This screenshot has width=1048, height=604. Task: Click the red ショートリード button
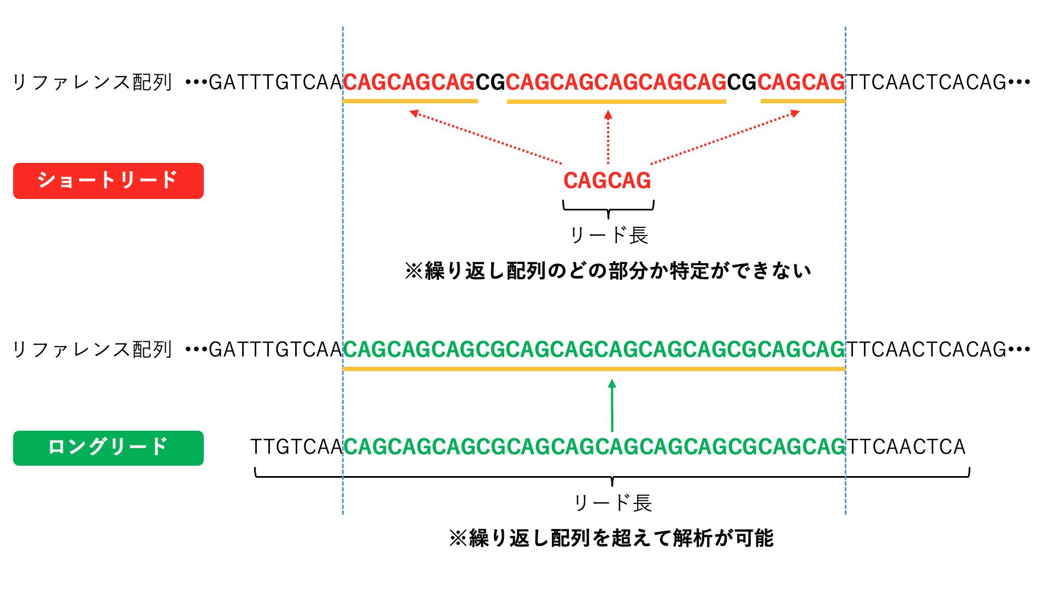(108, 180)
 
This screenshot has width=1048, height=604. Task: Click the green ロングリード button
(108, 448)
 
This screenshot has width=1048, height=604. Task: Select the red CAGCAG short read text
(607, 180)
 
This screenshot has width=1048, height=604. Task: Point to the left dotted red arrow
(486, 137)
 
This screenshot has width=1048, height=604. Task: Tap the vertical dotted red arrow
(608, 137)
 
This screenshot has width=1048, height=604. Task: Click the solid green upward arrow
(612, 406)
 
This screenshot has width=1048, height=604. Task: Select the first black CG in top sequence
(490, 82)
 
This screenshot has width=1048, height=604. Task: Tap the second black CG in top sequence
(741, 82)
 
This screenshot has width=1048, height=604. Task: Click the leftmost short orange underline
(410, 101)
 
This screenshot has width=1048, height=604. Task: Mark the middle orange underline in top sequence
(616, 101)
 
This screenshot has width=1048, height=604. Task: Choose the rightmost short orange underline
(802, 101)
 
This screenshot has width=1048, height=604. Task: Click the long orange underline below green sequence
(594, 369)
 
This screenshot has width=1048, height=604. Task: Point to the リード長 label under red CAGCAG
(609, 235)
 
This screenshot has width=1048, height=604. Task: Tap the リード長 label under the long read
(613, 503)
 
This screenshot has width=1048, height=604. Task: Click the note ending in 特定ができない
(608, 271)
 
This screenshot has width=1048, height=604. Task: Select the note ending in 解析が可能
(611, 538)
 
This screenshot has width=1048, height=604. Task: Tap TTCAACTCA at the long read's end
(906, 447)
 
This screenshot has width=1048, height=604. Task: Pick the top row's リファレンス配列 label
(92, 83)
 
